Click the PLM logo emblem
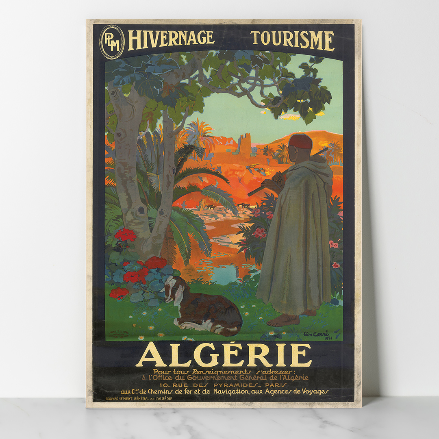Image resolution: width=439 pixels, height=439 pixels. (x=112, y=42)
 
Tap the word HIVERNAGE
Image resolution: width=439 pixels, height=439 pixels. (x=171, y=39)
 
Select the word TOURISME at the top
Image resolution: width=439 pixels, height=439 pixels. (x=293, y=40)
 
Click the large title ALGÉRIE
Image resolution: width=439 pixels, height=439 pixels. (x=224, y=355)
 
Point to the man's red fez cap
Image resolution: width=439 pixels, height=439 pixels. (x=301, y=141)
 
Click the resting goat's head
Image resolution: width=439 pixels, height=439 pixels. (x=173, y=288)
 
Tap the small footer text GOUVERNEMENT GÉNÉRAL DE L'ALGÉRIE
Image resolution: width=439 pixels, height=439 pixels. (x=139, y=398)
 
